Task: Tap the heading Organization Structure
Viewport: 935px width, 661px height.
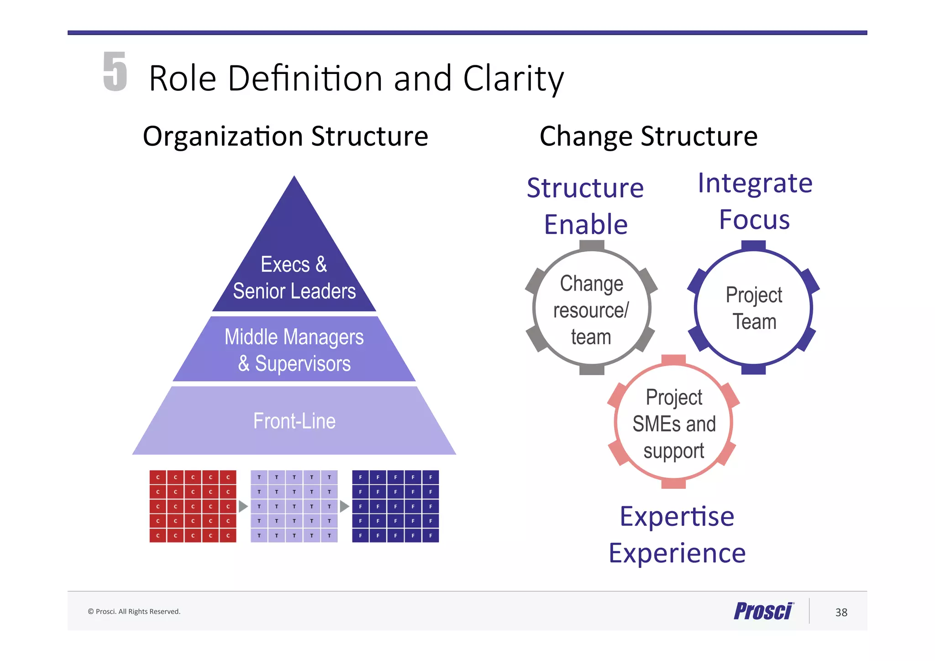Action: pos(285,136)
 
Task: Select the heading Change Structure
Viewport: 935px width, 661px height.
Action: pos(648,136)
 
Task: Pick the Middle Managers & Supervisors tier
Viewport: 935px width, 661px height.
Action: pos(294,349)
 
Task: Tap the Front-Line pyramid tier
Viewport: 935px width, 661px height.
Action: pos(294,421)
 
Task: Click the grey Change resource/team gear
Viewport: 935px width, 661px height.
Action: pos(591,310)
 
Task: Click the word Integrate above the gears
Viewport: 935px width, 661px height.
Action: pos(755,184)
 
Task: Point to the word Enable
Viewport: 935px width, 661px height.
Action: pos(586,224)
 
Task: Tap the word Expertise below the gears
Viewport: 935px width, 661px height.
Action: pos(677,517)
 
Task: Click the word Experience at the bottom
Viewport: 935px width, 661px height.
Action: pos(677,553)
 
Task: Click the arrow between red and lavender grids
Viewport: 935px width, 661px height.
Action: pos(243,506)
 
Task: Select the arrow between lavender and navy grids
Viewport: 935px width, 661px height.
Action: pos(344,506)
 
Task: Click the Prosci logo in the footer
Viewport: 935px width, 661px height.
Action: pos(763,611)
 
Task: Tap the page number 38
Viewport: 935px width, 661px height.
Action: pos(841,613)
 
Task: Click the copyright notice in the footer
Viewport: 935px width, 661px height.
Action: pos(134,612)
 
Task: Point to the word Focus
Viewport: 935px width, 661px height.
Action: pos(754,220)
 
